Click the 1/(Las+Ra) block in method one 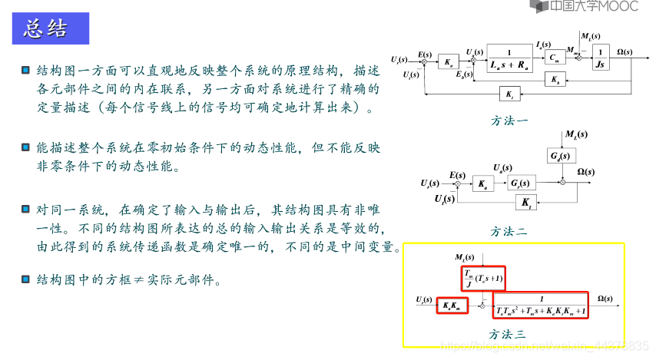509,59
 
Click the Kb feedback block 554,80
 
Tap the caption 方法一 510,121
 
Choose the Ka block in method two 482,184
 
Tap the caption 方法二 510,230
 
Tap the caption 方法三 509,334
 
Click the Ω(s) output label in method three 610,298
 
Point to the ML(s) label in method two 575,135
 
